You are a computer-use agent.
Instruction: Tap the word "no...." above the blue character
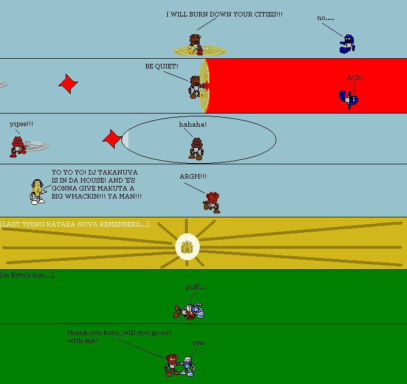(x=325, y=18)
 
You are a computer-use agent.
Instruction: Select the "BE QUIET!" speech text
(x=162, y=66)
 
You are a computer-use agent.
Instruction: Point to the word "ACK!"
(x=355, y=78)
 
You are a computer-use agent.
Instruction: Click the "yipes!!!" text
(x=22, y=123)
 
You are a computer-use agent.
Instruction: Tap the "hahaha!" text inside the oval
(x=193, y=124)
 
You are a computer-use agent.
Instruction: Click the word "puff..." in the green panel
(x=195, y=287)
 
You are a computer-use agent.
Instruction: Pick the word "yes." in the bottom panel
(x=199, y=342)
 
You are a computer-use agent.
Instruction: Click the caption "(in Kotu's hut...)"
(x=27, y=275)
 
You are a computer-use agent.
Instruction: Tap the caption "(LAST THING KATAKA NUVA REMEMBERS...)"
(x=75, y=224)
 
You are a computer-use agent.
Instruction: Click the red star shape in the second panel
(x=68, y=84)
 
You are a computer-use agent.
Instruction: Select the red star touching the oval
(x=112, y=138)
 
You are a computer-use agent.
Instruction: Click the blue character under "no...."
(x=347, y=45)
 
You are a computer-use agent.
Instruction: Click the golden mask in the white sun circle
(x=186, y=246)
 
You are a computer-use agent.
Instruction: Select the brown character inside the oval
(x=196, y=148)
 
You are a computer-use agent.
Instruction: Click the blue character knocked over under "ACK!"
(x=349, y=100)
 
